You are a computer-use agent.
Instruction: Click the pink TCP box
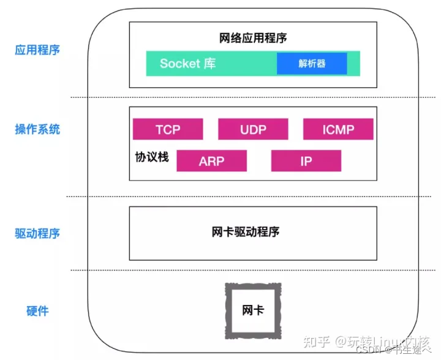(167, 129)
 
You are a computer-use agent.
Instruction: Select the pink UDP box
(253, 129)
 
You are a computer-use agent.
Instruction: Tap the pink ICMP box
(338, 129)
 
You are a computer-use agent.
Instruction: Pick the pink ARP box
(211, 161)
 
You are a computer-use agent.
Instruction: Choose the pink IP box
(306, 161)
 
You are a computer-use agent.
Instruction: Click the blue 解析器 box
(312, 64)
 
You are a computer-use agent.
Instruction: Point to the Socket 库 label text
(187, 64)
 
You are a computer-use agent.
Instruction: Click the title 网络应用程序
(253, 38)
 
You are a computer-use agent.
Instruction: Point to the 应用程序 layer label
(37, 50)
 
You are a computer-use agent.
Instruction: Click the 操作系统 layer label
(37, 129)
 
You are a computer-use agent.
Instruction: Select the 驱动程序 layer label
(37, 233)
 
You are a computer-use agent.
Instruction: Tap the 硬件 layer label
(37, 310)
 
